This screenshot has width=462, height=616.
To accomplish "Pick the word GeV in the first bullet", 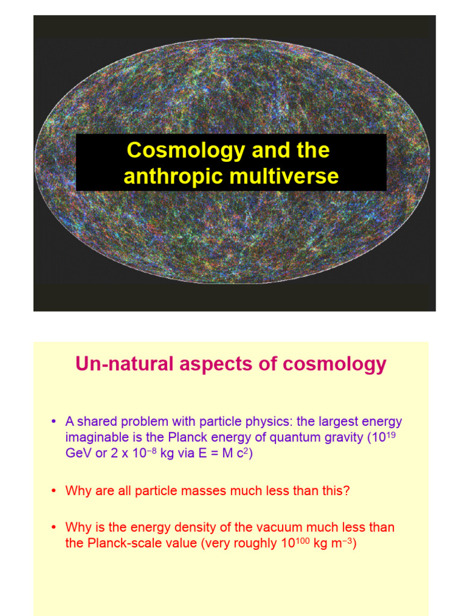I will click(x=77, y=453).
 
